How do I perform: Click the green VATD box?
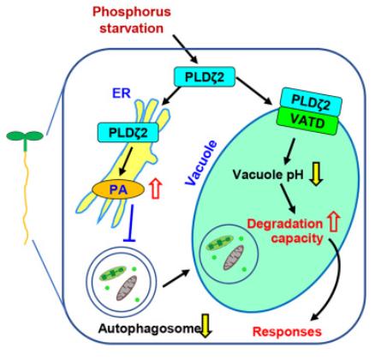(x=308, y=122)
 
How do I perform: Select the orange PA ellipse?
(x=118, y=189)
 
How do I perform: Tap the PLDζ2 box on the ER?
(x=128, y=132)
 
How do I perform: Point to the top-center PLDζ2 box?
(x=205, y=76)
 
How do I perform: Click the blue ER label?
(x=122, y=93)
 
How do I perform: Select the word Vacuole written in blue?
(x=200, y=163)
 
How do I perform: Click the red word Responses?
(x=287, y=332)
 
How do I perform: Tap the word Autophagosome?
(x=149, y=328)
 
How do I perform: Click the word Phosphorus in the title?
(x=132, y=12)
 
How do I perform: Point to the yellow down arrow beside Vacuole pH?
(x=317, y=174)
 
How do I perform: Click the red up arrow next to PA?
(x=157, y=189)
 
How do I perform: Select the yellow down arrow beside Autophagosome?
(x=205, y=326)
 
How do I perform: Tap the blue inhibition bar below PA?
(x=131, y=223)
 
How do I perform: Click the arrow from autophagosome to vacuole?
(x=176, y=278)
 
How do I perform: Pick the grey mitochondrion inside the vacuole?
(x=233, y=257)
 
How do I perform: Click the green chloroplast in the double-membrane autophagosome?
(x=112, y=273)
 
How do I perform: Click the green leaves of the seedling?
(x=25, y=135)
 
